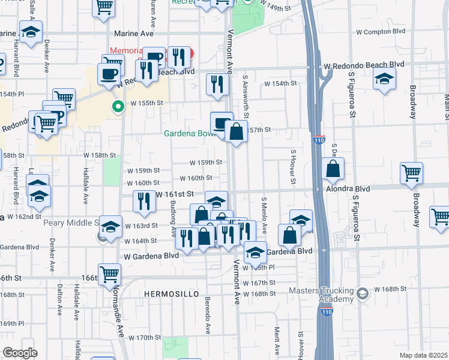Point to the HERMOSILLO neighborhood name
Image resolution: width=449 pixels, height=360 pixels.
click(167, 293)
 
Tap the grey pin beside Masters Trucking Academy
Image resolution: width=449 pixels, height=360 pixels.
click(362, 293)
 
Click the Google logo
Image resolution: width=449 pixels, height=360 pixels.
click(20, 353)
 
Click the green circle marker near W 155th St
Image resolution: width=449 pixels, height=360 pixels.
click(118, 107)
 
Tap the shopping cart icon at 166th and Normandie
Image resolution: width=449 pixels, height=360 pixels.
click(109, 274)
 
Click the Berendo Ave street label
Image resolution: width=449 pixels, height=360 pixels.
click(208, 314)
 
